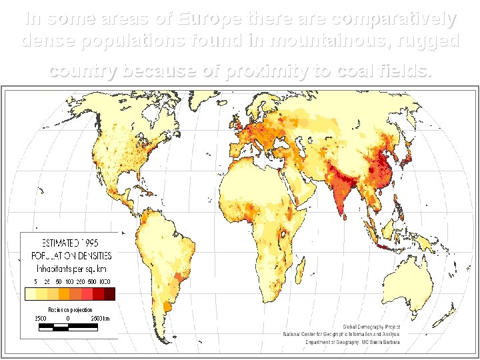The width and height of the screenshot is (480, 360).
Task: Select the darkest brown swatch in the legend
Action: click(109, 293)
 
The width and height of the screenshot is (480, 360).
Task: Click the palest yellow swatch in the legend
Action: click(30, 293)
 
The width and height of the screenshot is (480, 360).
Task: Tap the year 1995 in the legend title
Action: click(98, 243)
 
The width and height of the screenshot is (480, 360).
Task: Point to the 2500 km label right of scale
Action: click(100, 319)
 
